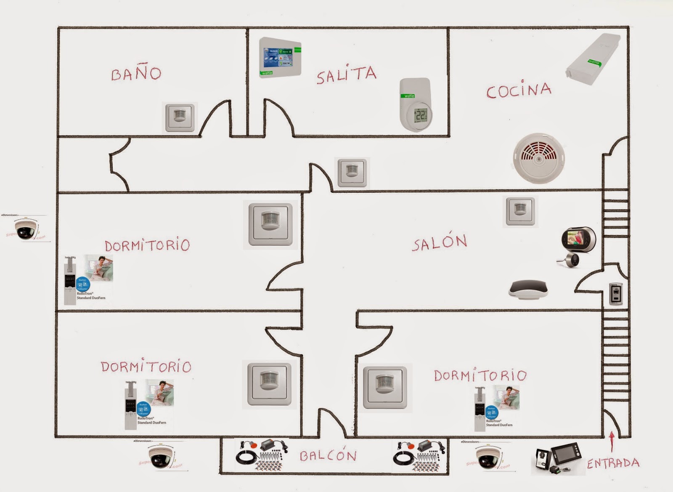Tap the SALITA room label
[346, 75]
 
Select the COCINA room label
[519, 90]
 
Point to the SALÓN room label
[440, 242]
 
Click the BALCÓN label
[328, 455]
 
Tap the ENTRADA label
[613, 463]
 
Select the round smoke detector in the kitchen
[539, 158]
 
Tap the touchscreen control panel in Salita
[280, 58]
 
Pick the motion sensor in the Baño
[180, 117]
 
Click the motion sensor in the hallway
[352, 172]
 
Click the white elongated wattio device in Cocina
[594, 59]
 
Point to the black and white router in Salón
[528, 290]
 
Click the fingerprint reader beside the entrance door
[616, 293]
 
